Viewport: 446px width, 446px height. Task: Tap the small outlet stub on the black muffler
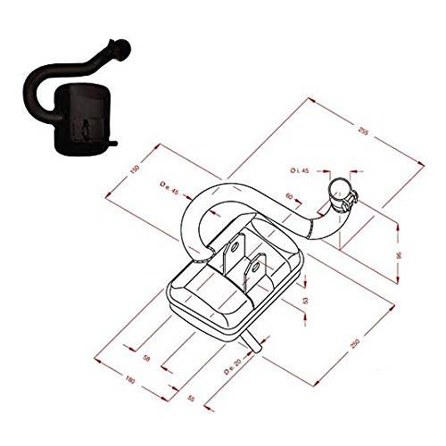pos(115,143)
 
